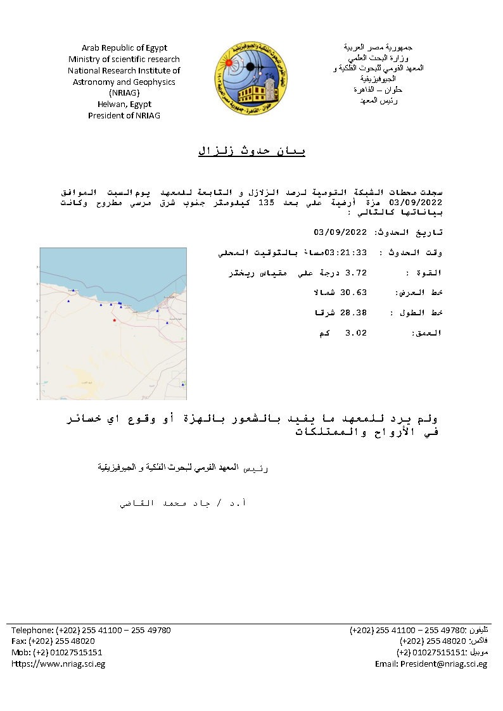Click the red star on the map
coord(114,320)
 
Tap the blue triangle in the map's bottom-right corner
coord(182,384)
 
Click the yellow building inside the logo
coord(253,94)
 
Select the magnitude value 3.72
coord(355,273)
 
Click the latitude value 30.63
coord(355,293)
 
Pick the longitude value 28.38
coord(355,313)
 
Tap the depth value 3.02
coord(355,333)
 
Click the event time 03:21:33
coord(346,253)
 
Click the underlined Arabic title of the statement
coord(251,151)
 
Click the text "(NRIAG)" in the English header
coord(124,93)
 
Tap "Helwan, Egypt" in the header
coord(124,104)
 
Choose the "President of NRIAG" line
coord(124,116)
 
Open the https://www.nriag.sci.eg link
coord(58,664)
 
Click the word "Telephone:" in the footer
coord(32,630)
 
